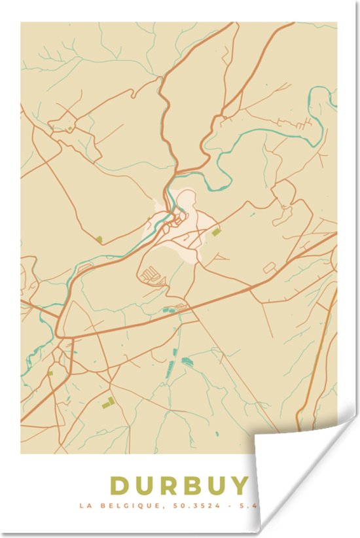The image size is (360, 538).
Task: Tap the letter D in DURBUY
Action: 120,486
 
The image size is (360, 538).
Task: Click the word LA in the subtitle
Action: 83,505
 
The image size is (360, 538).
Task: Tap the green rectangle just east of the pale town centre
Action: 216,232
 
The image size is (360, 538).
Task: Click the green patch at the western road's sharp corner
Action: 99,239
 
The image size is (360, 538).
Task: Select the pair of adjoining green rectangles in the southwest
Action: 108,402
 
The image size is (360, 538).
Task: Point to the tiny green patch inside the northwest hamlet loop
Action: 68,128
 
